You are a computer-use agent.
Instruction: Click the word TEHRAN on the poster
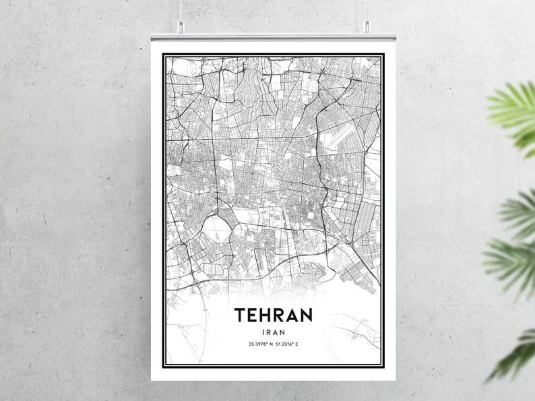point(273,315)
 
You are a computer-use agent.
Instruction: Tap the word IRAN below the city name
point(273,332)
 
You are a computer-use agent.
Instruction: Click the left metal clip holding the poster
point(181,28)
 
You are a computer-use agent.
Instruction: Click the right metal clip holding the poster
point(367,28)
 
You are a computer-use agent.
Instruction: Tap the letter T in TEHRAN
point(239,315)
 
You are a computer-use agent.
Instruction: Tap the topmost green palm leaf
point(515,108)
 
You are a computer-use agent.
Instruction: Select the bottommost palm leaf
point(515,354)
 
